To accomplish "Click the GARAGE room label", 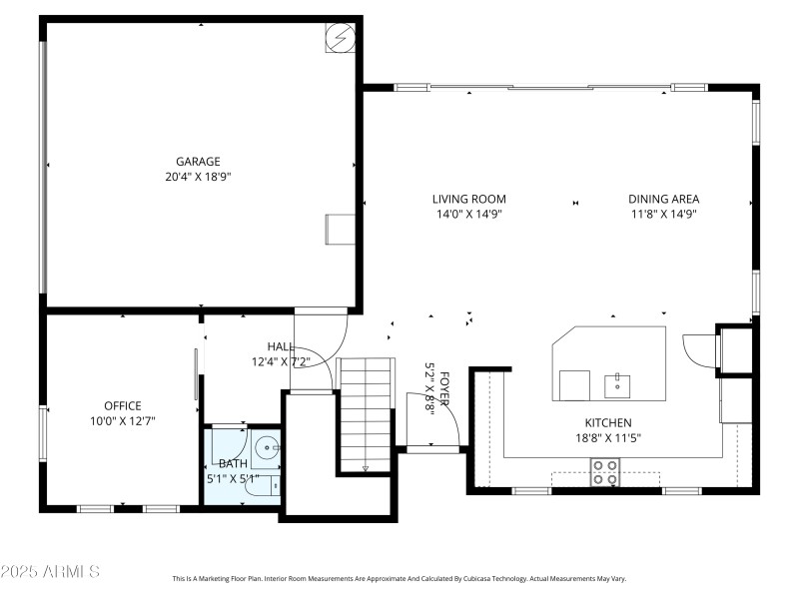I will (198, 161).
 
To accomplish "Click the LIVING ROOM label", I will (468, 199).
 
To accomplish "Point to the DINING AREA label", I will (663, 199).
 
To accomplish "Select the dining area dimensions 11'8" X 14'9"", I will (663, 214).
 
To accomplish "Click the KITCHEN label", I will (607, 422).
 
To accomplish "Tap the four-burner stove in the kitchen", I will (604, 471).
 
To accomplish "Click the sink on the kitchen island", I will (617, 384).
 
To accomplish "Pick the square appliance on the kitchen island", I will (573, 384).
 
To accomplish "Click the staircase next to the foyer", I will (366, 412).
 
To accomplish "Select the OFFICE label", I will (123, 405).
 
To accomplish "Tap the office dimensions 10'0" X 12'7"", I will (123, 420).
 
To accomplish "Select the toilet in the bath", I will (270, 485).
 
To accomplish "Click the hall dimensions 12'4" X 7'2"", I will (282, 361).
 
